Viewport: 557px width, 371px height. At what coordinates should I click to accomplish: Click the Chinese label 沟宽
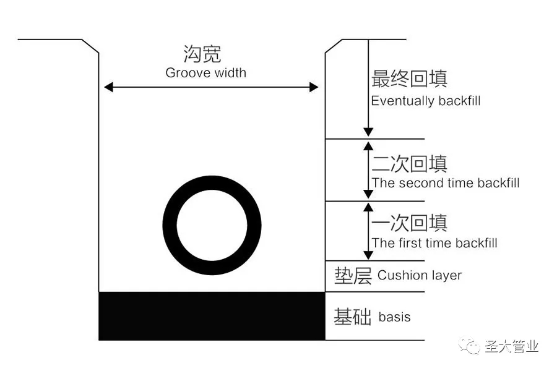(x=202, y=54)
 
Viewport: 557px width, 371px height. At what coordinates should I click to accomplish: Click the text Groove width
(x=205, y=73)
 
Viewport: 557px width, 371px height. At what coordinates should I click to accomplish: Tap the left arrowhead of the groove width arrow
(x=108, y=87)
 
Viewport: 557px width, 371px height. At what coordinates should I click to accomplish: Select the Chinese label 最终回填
(x=409, y=79)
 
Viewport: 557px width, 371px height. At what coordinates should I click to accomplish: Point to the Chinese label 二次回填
(x=409, y=164)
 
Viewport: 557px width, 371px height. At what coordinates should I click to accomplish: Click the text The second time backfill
(x=446, y=183)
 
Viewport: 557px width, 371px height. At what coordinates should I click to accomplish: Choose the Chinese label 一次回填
(x=409, y=223)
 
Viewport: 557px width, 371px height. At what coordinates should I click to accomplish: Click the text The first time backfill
(x=434, y=243)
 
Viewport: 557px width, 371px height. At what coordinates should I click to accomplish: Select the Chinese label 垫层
(x=353, y=276)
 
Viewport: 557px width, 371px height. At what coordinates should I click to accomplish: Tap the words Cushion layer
(x=420, y=275)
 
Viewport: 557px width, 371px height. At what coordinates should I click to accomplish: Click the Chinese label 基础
(x=352, y=317)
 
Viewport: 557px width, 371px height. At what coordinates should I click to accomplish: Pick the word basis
(x=394, y=317)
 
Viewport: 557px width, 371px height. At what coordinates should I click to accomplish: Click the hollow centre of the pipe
(x=212, y=225)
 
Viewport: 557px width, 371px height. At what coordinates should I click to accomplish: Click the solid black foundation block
(x=212, y=315)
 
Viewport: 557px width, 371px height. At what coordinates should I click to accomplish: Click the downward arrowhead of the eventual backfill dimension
(x=368, y=132)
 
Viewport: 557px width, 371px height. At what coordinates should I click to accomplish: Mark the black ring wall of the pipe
(x=170, y=225)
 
